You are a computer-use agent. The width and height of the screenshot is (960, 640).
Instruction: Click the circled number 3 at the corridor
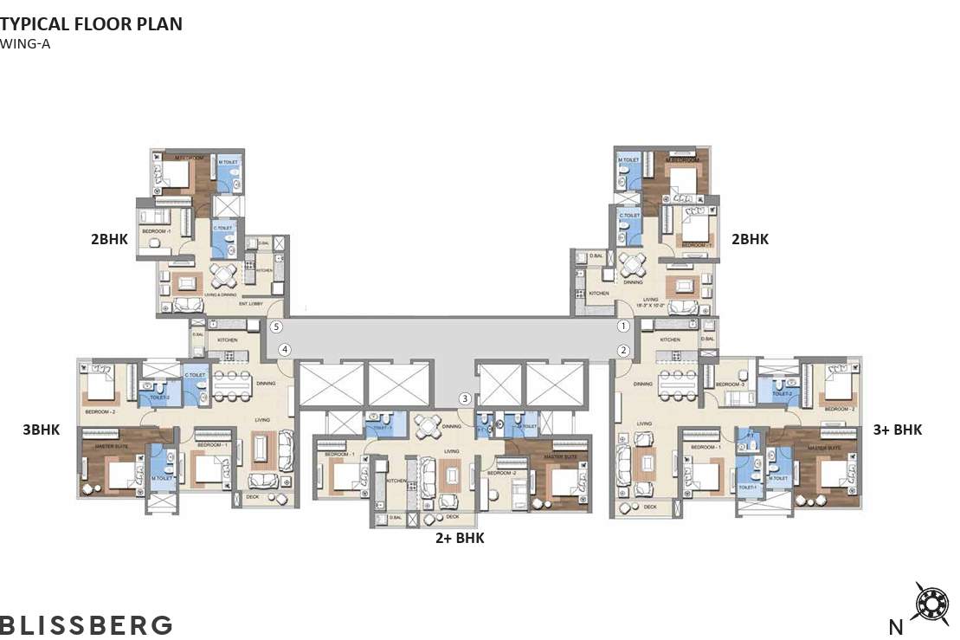click(466, 398)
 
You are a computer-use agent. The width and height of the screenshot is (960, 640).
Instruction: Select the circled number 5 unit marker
click(276, 327)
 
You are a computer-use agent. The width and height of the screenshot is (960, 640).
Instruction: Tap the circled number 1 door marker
click(623, 326)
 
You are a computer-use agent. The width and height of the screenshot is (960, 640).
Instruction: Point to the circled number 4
click(285, 350)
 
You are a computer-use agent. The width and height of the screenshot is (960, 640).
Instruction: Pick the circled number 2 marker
click(623, 351)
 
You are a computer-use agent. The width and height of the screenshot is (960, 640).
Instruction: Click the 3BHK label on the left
click(41, 429)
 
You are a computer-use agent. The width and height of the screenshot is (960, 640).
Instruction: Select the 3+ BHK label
click(898, 430)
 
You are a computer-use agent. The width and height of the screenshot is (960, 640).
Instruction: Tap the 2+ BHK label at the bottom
click(460, 539)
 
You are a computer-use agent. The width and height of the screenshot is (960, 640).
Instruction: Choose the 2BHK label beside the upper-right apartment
click(750, 240)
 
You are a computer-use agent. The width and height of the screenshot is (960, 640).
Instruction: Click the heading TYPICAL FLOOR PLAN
click(92, 24)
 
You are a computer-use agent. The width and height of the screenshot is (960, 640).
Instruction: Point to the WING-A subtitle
click(26, 43)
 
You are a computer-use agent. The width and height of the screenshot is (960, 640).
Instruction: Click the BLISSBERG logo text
click(87, 624)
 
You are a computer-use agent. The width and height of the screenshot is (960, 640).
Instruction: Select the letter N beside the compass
click(898, 626)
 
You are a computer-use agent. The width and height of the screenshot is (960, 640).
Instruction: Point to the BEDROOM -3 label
click(731, 384)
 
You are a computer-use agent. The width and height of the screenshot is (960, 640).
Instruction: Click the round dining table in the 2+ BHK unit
click(428, 425)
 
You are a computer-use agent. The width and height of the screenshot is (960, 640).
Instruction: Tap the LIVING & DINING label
click(220, 295)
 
